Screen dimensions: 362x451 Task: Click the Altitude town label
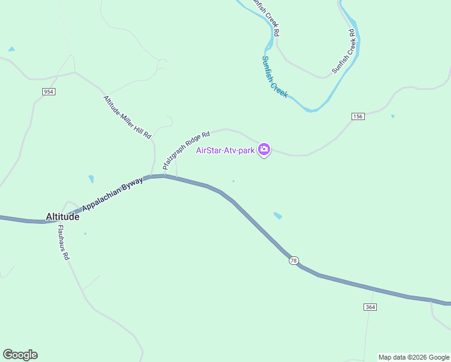pos(63,217)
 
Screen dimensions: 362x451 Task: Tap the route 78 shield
pos(294,260)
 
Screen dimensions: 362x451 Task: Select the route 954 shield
pos(49,91)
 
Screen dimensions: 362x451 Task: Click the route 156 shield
pos(358,116)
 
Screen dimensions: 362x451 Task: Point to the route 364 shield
pos(370,307)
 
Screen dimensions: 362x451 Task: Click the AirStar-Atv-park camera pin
pos(264,150)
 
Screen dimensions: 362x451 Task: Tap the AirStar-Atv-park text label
pos(225,150)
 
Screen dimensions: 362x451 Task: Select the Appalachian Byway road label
pos(113,194)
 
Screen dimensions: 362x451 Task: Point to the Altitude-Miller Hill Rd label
pos(127,117)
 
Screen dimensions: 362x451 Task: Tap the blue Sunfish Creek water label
pos(275,77)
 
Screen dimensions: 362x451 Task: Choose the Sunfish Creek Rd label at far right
pos(345,51)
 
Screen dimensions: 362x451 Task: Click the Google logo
pos(20,355)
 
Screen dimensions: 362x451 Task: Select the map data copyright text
pos(414,357)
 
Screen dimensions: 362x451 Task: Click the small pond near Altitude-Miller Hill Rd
pos(91,179)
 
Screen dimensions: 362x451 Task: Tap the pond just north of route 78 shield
pos(277,215)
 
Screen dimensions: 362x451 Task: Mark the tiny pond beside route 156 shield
pos(393,116)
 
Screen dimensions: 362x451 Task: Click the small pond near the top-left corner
pos(11,49)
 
